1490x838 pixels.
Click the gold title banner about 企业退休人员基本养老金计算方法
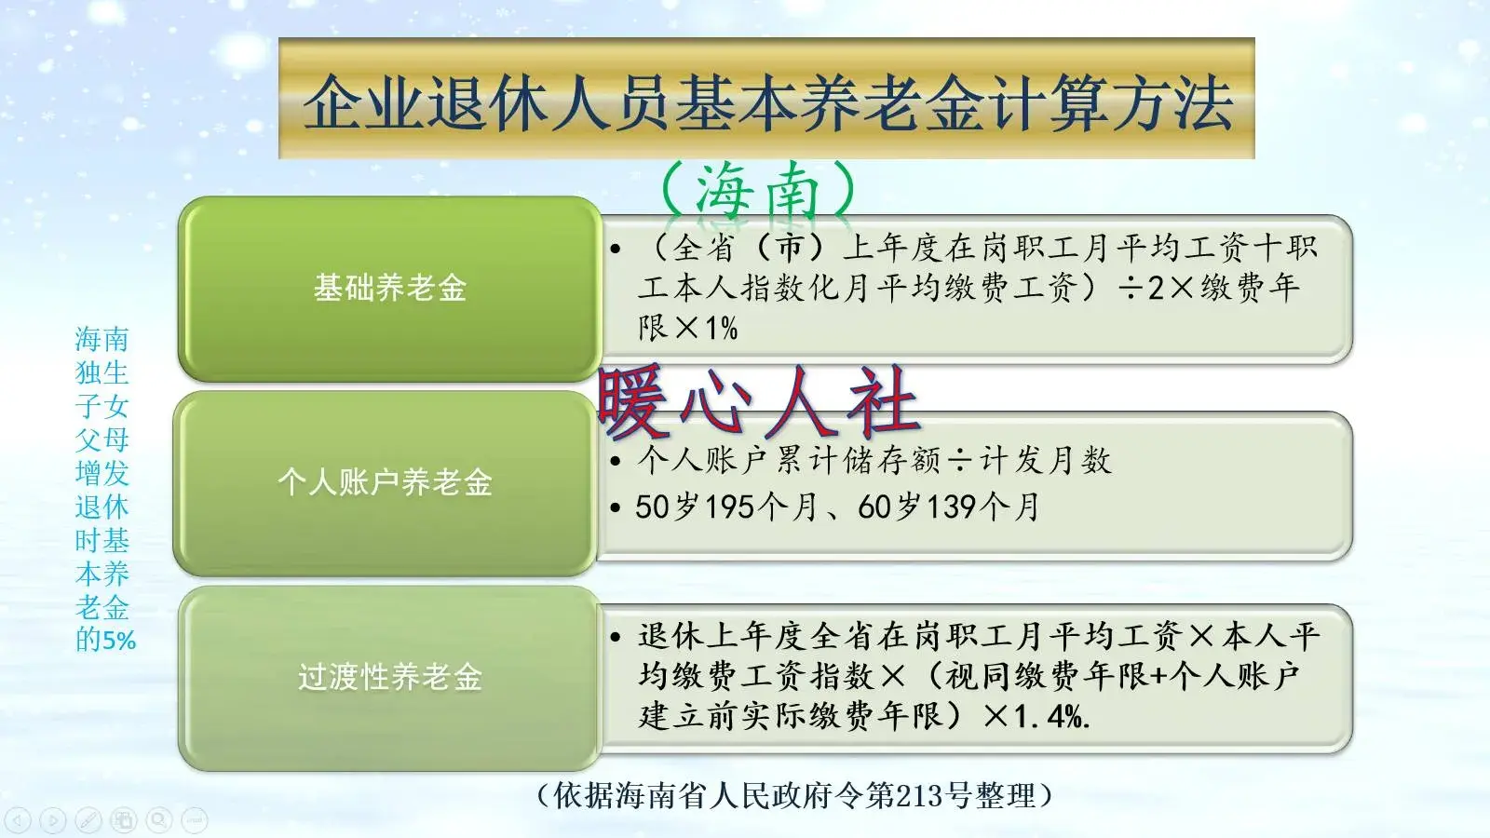click(765, 99)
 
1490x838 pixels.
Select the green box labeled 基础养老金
click(389, 289)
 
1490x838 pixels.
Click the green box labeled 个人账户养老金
click(385, 482)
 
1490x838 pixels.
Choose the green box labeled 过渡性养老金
click(389, 677)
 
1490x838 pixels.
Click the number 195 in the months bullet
click(729, 507)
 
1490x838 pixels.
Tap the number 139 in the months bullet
click(951, 507)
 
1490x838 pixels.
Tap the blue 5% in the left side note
click(119, 641)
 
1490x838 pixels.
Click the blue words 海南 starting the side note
click(102, 339)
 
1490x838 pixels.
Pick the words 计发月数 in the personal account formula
click(1046, 460)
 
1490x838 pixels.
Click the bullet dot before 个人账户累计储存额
click(616, 461)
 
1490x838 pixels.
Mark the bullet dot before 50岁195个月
click(616, 508)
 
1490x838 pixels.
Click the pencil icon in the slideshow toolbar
click(88, 819)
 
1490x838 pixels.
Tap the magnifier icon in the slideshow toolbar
click(159, 819)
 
